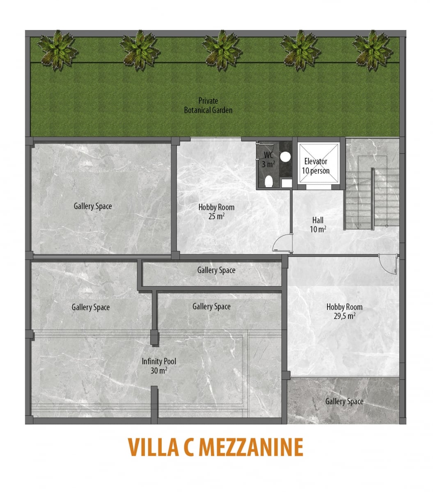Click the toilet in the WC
point(269,181)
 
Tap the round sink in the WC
point(285,157)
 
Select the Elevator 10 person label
point(316,166)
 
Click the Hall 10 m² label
point(318,224)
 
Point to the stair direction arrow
point(358,226)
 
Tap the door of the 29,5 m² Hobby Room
point(389,264)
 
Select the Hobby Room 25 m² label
point(216,212)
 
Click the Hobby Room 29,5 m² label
point(344,311)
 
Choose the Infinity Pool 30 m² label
point(159,366)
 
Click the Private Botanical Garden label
point(208,105)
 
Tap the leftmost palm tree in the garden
point(57,50)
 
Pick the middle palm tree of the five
point(222,50)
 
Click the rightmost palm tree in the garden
point(373,50)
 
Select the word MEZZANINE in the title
point(251,447)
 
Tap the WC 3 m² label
point(268,159)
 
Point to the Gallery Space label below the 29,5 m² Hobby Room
point(344,401)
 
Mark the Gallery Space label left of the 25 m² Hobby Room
point(93,206)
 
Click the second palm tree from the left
point(140,50)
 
